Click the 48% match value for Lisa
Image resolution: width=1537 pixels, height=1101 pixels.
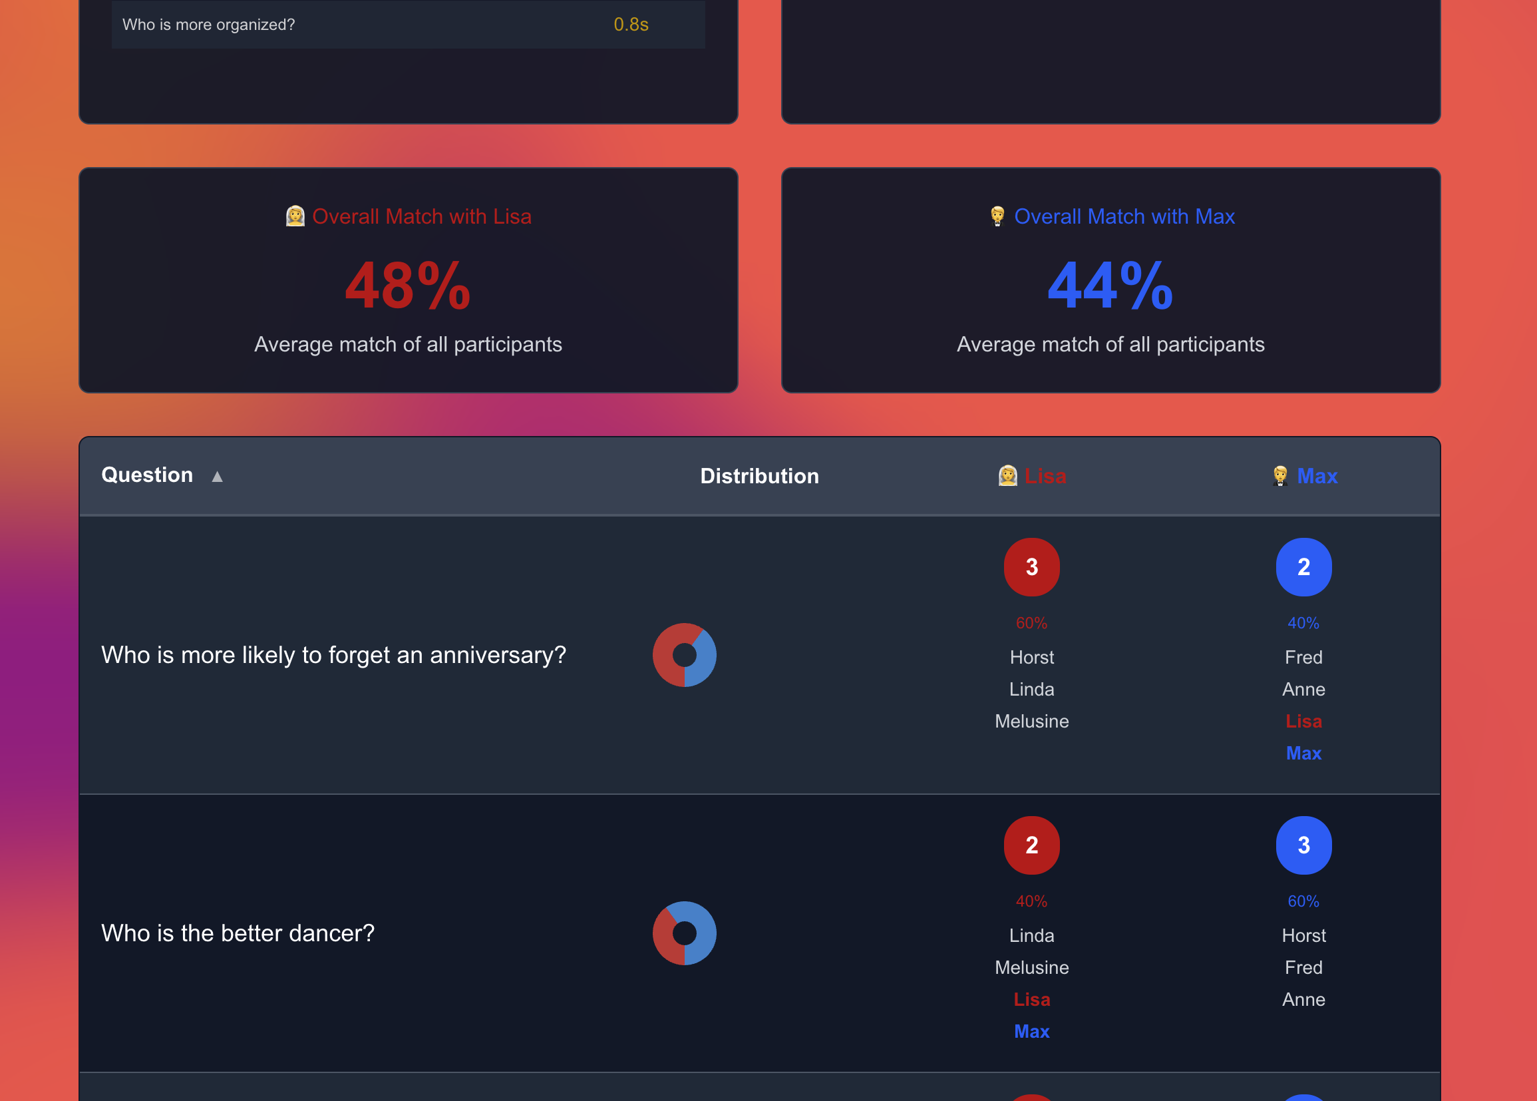click(407, 286)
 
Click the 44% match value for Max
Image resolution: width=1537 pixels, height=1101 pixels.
click(1110, 286)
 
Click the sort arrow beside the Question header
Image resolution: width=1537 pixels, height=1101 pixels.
click(217, 477)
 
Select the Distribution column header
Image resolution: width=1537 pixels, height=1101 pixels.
click(759, 476)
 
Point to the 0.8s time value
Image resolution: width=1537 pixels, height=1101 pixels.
click(631, 25)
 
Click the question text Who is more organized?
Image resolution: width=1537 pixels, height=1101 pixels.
click(209, 25)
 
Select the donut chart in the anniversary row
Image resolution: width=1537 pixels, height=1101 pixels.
click(685, 655)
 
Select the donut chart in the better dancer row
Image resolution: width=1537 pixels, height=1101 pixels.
click(685, 933)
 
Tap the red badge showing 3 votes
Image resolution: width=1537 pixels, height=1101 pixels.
click(1031, 566)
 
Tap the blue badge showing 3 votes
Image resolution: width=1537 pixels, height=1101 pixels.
click(1303, 845)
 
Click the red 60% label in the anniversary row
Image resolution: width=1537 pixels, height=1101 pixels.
click(1031, 623)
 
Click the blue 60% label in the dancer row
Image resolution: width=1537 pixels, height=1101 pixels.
click(1303, 901)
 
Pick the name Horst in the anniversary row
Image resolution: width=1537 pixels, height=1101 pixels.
click(1031, 657)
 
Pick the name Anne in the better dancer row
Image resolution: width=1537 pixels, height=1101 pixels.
click(1303, 999)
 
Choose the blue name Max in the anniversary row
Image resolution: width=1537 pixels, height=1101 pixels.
click(1303, 754)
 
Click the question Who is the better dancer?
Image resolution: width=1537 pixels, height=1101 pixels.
click(238, 933)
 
